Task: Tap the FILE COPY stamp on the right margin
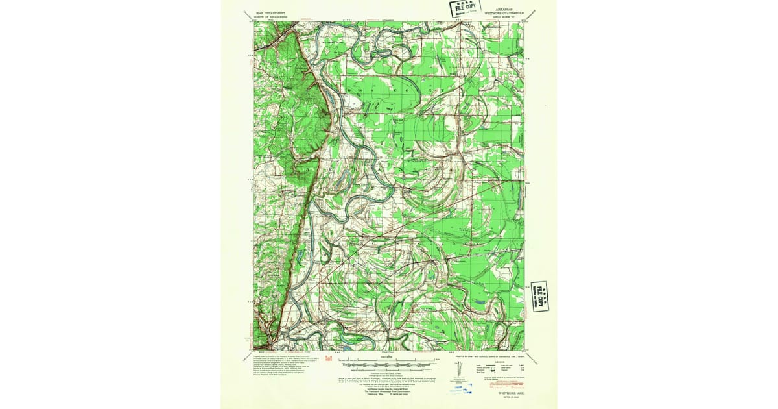(x=539, y=297)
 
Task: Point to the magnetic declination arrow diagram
(x=458, y=369)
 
